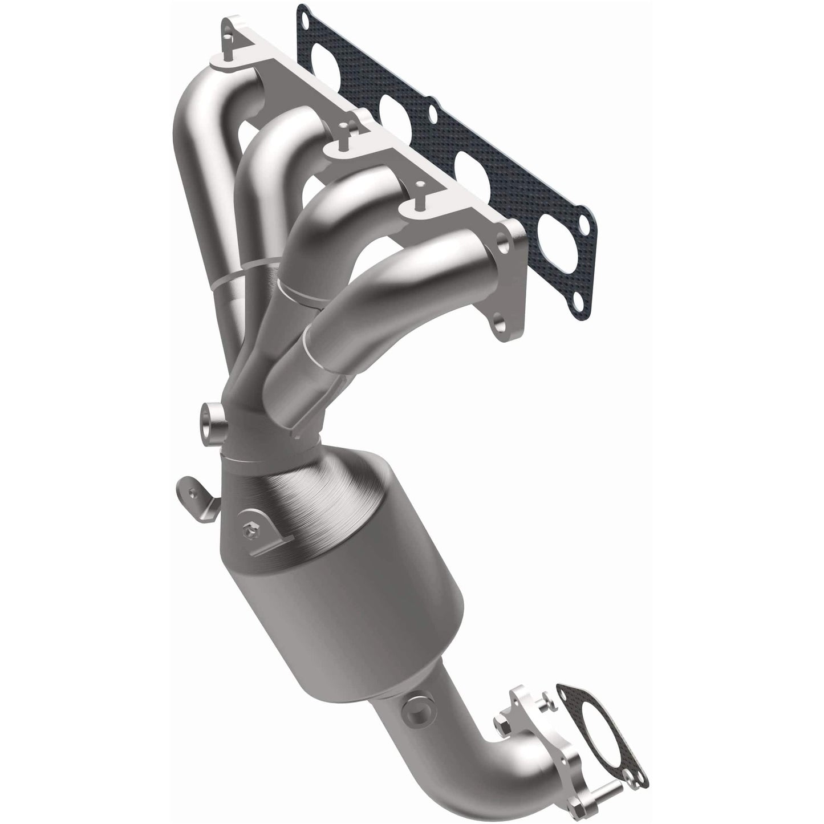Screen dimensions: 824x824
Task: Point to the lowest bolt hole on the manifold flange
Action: (x=500, y=325)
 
